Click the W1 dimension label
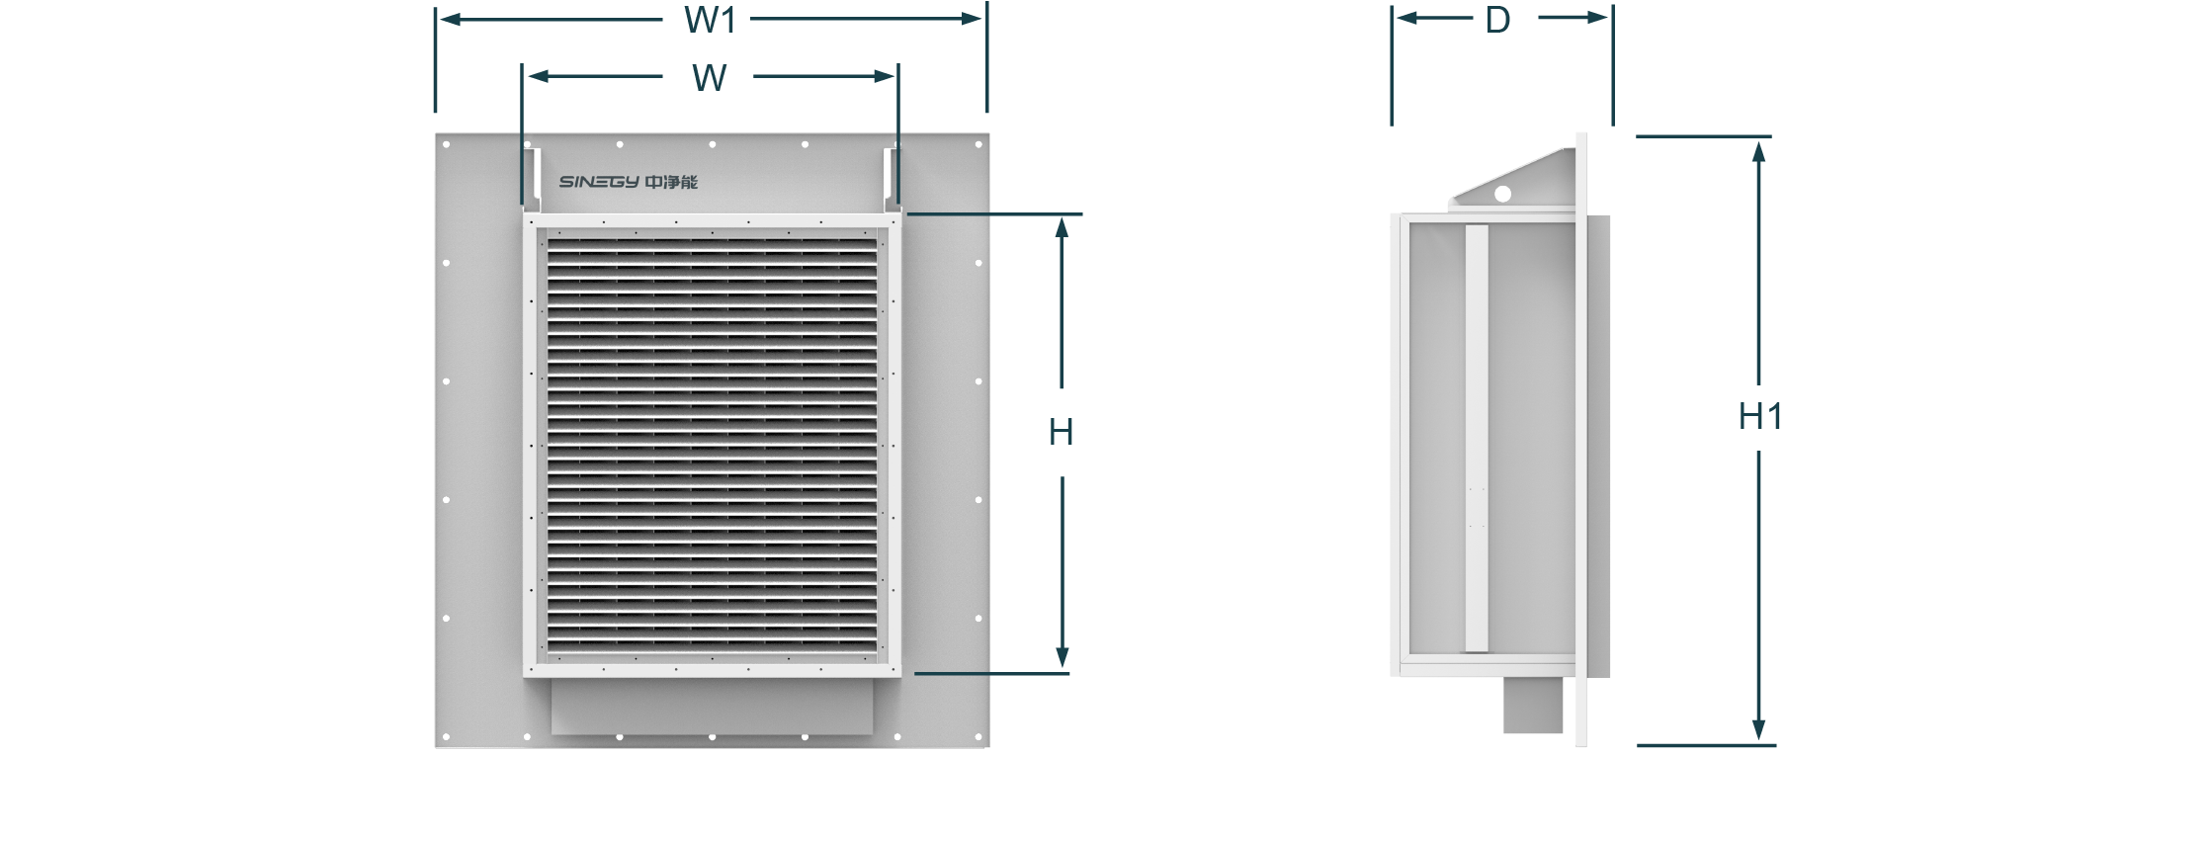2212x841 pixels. [x=710, y=20]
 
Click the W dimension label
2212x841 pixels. [x=710, y=78]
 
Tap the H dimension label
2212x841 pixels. [x=1061, y=432]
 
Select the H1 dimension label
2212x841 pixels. [x=1760, y=416]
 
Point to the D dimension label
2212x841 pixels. [x=1497, y=20]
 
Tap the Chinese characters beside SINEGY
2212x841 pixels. [x=671, y=182]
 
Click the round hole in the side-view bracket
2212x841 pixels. [x=1502, y=194]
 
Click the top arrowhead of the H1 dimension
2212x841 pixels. [x=1758, y=150]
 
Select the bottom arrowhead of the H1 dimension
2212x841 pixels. [x=1758, y=730]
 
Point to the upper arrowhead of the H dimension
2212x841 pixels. [x=1062, y=227]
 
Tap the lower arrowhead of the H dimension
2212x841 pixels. [x=1062, y=657]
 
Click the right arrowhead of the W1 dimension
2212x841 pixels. [x=972, y=19]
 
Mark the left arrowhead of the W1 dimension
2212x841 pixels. [x=451, y=19]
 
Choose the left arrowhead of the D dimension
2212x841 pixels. [x=1407, y=18]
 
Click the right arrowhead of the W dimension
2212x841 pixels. [x=884, y=76]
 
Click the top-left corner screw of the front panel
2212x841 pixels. [x=446, y=144]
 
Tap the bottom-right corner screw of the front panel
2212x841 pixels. [x=978, y=737]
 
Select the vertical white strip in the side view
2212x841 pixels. [x=1477, y=438]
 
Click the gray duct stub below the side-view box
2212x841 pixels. [x=1533, y=705]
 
